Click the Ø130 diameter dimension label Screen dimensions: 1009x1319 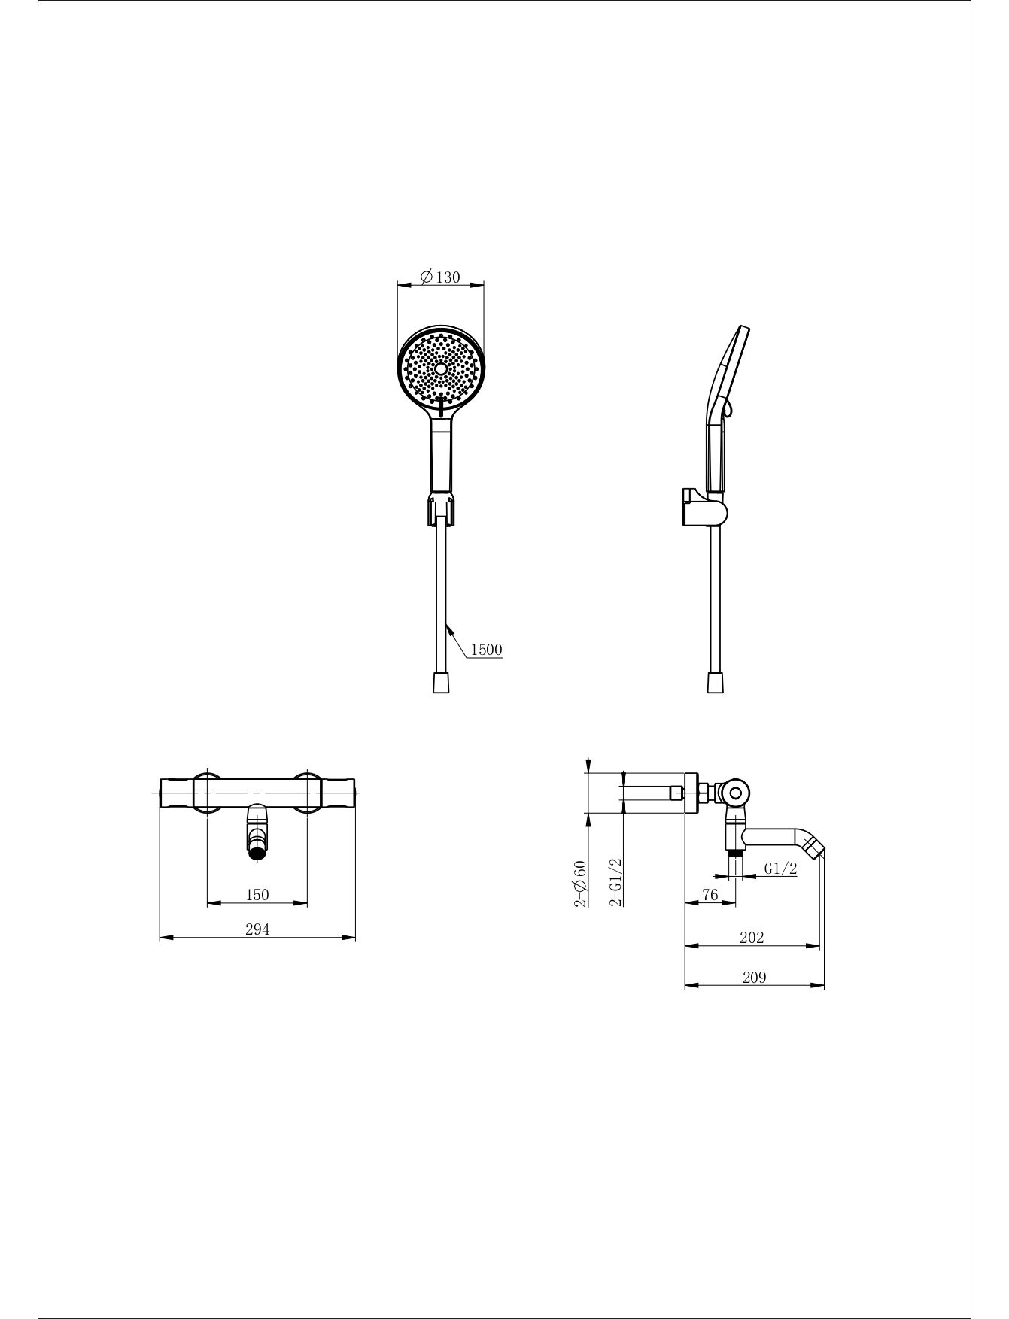(x=440, y=277)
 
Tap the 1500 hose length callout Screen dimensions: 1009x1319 (x=487, y=650)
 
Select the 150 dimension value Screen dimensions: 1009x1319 (x=257, y=895)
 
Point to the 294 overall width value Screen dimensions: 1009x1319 (x=257, y=929)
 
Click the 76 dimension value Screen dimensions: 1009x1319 (x=710, y=895)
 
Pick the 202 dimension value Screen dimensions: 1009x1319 (x=752, y=938)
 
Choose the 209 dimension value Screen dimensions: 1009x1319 (x=754, y=978)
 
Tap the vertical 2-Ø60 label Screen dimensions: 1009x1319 (x=580, y=884)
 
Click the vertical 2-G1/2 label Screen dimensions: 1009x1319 (x=616, y=882)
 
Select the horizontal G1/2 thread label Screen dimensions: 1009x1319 (x=780, y=869)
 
